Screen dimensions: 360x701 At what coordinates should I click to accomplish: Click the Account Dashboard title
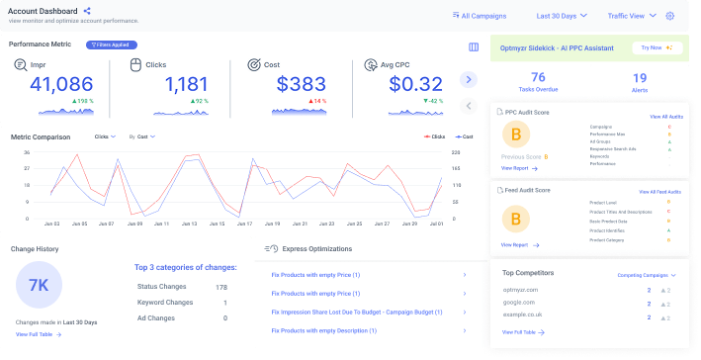tap(44, 11)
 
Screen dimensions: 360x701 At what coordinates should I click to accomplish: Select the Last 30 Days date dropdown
tap(563, 16)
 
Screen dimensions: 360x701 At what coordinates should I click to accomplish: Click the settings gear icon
tap(669, 16)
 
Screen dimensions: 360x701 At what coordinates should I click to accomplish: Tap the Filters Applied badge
tap(112, 45)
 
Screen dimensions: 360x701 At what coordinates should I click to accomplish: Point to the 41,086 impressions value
tap(60, 85)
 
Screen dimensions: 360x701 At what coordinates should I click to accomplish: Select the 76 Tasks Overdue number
tap(538, 77)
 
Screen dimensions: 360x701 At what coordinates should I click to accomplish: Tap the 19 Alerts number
tap(640, 77)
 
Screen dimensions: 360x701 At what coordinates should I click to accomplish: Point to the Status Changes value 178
tap(220, 287)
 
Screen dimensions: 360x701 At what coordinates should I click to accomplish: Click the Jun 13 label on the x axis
tap(190, 225)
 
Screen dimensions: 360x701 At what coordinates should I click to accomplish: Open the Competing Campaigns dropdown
tap(647, 275)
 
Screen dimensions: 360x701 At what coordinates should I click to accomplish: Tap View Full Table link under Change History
tap(39, 335)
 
